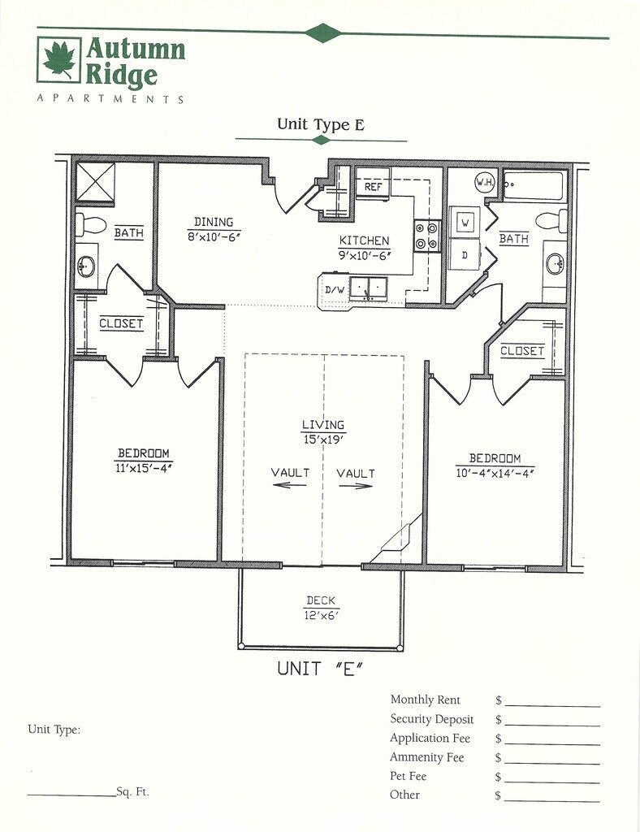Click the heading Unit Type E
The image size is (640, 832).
pyautogui.click(x=320, y=124)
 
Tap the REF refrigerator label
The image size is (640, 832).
pyautogui.click(x=373, y=187)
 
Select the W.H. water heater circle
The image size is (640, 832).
pyautogui.click(x=486, y=182)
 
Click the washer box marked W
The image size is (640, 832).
pyautogui.click(x=465, y=222)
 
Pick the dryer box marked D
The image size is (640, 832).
pyautogui.click(x=465, y=254)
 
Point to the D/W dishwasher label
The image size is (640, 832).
pyautogui.click(x=335, y=289)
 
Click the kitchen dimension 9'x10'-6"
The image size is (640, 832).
pyautogui.click(x=364, y=254)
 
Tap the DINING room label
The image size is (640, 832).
pyautogui.click(x=214, y=222)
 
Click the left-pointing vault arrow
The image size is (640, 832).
pyautogui.click(x=290, y=485)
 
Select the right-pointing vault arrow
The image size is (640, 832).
pyautogui.click(x=356, y=486)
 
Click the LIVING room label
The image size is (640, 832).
pyautogui.click(x=322, y=424)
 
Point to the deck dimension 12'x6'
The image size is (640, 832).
pyautogui.click(x=322, y=615)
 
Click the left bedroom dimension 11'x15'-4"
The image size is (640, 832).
pyautogui.click(x=143, y=467)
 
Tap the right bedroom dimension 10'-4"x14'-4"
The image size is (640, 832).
pyautogui.click(x=494, y=473)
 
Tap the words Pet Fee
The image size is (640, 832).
pyautogui.click(x=408, y=776)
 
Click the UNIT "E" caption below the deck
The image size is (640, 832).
pyautogui.click(x=319, y=669)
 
